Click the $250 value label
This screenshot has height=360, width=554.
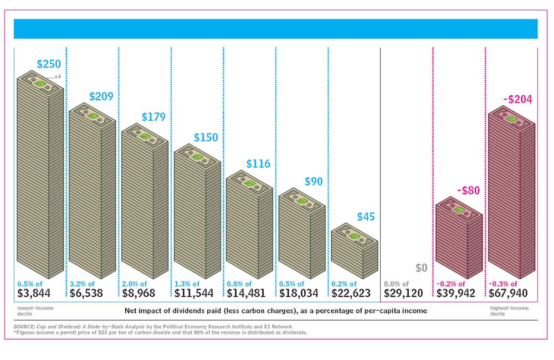click(x=49, y=64)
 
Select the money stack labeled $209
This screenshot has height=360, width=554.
click(x=92, y=188)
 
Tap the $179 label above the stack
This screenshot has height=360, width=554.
click(x=153, y=117)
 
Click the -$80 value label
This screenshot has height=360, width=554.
click(x=468, y=191)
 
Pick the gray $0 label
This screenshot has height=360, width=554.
click(x=421, y=268)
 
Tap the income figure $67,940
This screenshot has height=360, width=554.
click(x=508, y=293)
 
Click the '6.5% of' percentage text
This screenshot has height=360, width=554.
click(x=31, y=284)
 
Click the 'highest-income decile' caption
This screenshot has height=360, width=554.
click(x=510, y=310)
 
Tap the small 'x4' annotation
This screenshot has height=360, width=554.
click(x=57, y=76)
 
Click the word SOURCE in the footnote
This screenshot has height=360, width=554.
click(x=23, y=327)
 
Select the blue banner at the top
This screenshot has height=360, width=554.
click(x=275, y=29)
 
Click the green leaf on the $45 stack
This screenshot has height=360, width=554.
click(x=354, y=236)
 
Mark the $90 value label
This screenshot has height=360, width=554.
click(x=314, y=182)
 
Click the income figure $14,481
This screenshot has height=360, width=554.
click(x=249, y=293)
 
